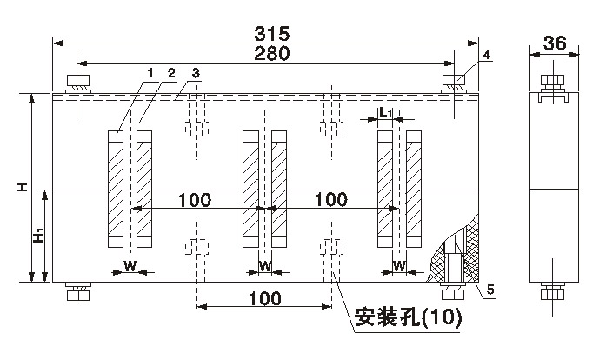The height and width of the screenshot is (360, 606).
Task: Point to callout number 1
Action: click(x=150, y=72)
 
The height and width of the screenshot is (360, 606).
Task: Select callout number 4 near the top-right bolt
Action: click(x=486, y=54)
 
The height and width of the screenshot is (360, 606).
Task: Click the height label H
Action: click(x=25, y=187)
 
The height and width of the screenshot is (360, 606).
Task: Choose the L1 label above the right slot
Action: click(x=387, y=113)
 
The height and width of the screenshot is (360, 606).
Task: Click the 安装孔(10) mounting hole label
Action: click(x=407, y=318)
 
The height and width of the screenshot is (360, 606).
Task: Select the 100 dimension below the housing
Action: click(x=264, y=298)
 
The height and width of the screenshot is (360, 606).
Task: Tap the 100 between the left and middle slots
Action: click(x=195, y=200)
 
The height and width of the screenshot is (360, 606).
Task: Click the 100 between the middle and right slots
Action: click(x=330, y=200)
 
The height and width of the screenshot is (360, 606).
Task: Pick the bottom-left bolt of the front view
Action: click(x=78, y=292)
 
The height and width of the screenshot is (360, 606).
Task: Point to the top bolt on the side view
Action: click(x=550, y=84)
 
